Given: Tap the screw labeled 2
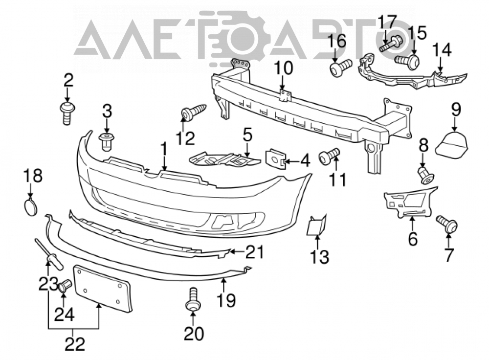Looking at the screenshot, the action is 67,113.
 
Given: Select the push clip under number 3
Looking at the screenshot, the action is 106,142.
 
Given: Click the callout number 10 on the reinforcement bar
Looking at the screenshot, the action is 284,68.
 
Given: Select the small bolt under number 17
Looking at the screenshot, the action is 391,43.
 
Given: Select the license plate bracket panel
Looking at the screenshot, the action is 102,288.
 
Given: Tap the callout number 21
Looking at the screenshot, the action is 254,252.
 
